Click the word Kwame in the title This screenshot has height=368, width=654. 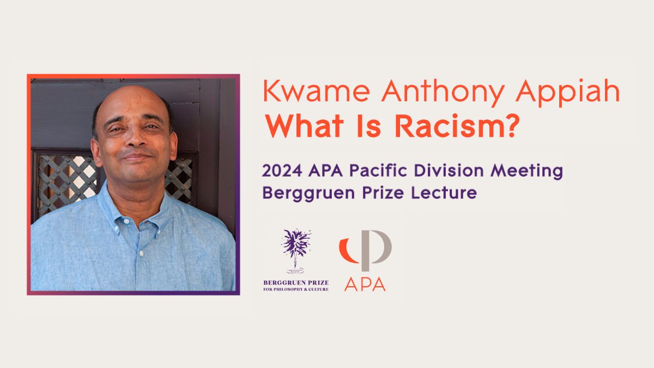317,91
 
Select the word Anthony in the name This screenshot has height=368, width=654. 443,93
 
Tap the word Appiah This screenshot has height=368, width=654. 567,93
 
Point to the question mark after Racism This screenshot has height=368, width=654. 511,126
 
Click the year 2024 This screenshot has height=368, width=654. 282,171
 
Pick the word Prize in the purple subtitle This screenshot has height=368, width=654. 383,192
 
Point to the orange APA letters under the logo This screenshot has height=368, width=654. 365,284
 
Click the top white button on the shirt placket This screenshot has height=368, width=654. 126,222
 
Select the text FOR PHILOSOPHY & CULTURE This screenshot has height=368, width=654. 296,289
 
